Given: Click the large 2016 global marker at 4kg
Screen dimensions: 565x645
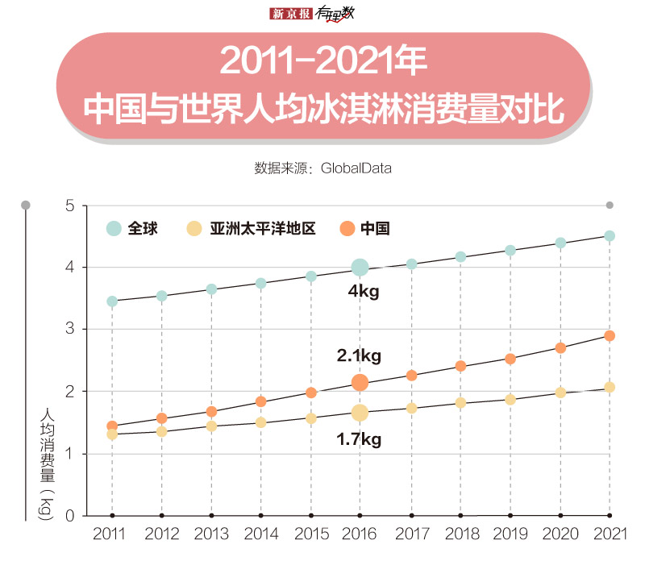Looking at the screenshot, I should tap(360, 267).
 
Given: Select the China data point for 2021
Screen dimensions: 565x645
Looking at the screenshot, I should tap(610, 335).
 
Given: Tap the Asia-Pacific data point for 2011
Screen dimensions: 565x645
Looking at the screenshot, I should tap(112, 434).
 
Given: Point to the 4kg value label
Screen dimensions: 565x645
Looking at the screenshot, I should tap(363, 292).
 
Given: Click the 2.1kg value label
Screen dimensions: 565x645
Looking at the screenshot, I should tap(359, 355).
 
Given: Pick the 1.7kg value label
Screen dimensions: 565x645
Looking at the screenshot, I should tap(359, 440).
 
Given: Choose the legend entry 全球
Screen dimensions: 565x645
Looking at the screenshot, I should tap(133, 229).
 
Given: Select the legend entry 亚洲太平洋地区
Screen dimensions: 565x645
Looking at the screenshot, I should tap(252, 229).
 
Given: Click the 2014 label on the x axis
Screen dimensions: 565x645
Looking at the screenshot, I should tap(260, 534).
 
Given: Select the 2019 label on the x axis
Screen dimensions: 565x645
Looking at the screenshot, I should tap(510, 534).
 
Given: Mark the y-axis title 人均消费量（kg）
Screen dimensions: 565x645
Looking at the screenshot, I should tap(46, 463).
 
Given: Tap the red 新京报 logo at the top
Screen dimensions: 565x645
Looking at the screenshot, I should tap(290, 13).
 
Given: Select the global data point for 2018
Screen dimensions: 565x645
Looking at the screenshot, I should tap(460, 257).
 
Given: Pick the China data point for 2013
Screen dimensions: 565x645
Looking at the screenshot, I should tap(211, 411).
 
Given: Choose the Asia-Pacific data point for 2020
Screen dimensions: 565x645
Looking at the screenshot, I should tap(560, 393).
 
